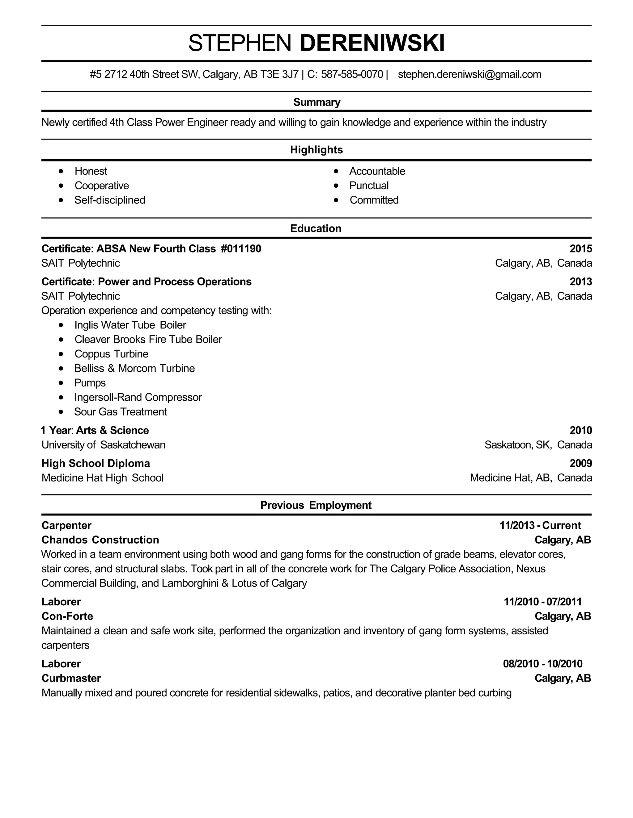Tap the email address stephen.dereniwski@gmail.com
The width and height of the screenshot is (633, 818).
(x=469, y=74)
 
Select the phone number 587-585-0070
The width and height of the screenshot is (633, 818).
(x=352, y=74)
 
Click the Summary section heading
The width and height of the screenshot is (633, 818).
(x=316, y=102)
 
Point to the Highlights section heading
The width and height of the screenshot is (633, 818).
(x=316, y=150)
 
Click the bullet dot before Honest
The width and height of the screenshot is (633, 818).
(x=61, y=171)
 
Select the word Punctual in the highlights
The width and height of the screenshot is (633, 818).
(x=369, y=186)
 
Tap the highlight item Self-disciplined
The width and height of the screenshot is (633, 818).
(x=109, y=200)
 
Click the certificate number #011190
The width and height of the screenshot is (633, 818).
(x=241, y=249)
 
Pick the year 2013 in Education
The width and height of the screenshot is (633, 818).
(x=580, y=282)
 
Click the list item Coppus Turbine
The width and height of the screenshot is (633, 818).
(x=111, y=354)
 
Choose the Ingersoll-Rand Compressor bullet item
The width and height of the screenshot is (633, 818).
(x=138, y=397)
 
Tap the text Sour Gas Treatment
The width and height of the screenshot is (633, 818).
(x=120, y=412)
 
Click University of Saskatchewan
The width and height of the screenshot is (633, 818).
(x=103, y=445)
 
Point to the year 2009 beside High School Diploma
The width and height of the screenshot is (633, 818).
(x=580, y=464)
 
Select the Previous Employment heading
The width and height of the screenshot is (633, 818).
(x=316, y=505)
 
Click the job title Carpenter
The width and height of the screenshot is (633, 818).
(x=66, y=525)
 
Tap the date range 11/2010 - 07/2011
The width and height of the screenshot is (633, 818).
(x=543, y=602)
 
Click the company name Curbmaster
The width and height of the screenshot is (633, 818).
(x=71, y=678)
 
